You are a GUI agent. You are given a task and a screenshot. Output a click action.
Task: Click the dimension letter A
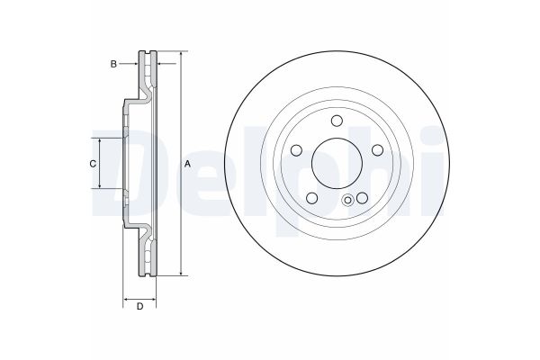click(188, 164)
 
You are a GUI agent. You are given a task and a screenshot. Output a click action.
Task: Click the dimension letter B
click(113, 64)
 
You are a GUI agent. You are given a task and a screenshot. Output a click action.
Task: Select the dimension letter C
click(93, 164)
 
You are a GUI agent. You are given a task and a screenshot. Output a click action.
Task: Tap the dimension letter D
click(139, 308)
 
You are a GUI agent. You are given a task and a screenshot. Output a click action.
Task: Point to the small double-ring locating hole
click(347, 201)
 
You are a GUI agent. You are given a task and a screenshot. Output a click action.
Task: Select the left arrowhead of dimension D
click(126, 299)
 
